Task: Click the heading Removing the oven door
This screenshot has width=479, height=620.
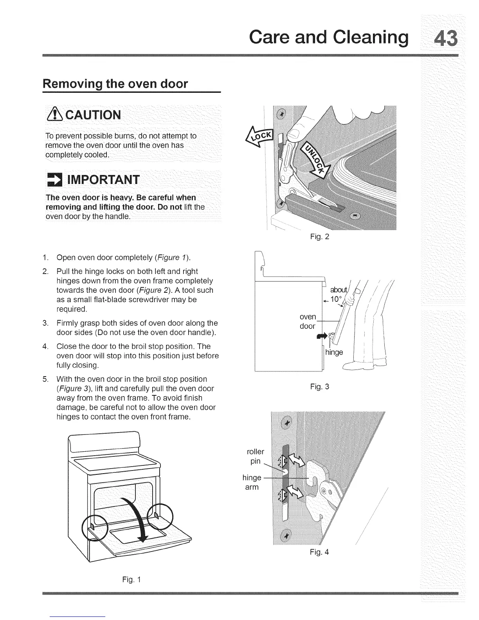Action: click(115, 84)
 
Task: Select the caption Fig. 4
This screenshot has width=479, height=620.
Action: click(319, 552)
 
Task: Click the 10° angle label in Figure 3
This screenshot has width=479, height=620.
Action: click(336, 299)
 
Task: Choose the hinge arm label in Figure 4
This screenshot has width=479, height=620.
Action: click(252, 482)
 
